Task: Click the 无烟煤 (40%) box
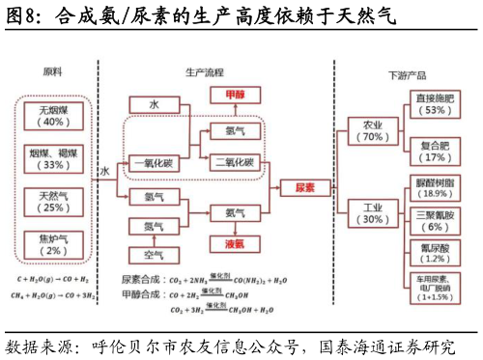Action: [x=52, y=117]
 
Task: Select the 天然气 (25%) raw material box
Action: [x=52, y=201]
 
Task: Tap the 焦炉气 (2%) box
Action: [x=52, y=243]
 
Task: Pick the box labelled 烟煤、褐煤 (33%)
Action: [x=52, y=158]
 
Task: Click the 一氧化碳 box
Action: [x=154, y=163]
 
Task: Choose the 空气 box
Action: [x=154, y=255]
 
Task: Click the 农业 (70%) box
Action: [x=373, y=130]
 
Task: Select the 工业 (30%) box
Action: [x=373, y=212]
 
